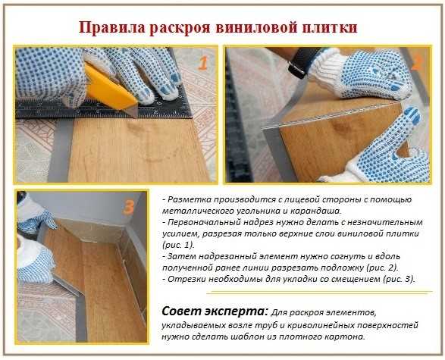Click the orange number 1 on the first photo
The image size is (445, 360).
[x=203, y=63]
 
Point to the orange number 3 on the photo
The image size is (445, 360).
[x=129, y=207]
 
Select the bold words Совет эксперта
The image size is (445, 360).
[x=215, y=311]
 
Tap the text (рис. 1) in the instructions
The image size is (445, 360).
[x=177, y=245]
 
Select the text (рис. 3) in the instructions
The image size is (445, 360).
[x=399, y=279]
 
